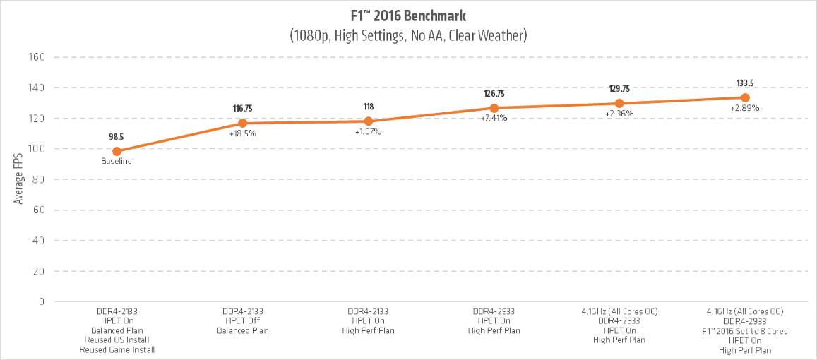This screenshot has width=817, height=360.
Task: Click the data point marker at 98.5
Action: (x=117, y=151)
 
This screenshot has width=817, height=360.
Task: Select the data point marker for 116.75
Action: (x=242, y=124)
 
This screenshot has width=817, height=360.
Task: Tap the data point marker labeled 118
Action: (x=368, y=121)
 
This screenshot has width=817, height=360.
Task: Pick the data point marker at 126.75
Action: (x=494, y=108)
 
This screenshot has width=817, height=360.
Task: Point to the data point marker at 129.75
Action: (x=619, y=104)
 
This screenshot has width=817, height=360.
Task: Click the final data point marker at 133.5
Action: (x=745, y=97)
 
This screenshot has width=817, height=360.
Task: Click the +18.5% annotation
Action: (x=242, y=133)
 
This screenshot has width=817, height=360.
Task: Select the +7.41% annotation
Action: (x=494, y=119)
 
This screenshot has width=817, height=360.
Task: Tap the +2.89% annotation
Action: (x=745, y=108)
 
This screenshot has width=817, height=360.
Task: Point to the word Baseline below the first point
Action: (x=117, y=161)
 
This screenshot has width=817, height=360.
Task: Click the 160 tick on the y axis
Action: (x=36, y=57)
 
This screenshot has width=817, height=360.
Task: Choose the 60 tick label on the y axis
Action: (x=39, y=210)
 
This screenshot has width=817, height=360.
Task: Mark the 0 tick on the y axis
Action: (x=42, y=301)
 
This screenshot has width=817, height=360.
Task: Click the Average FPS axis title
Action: (x=19, y=179)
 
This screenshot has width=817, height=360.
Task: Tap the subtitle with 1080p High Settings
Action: (x=408, y=34)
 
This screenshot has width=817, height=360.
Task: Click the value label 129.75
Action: (x=619, y=89)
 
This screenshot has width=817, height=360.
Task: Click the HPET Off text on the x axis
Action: (x=242, y=320)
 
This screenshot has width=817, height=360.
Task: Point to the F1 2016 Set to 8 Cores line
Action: (x=745, y=331)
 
